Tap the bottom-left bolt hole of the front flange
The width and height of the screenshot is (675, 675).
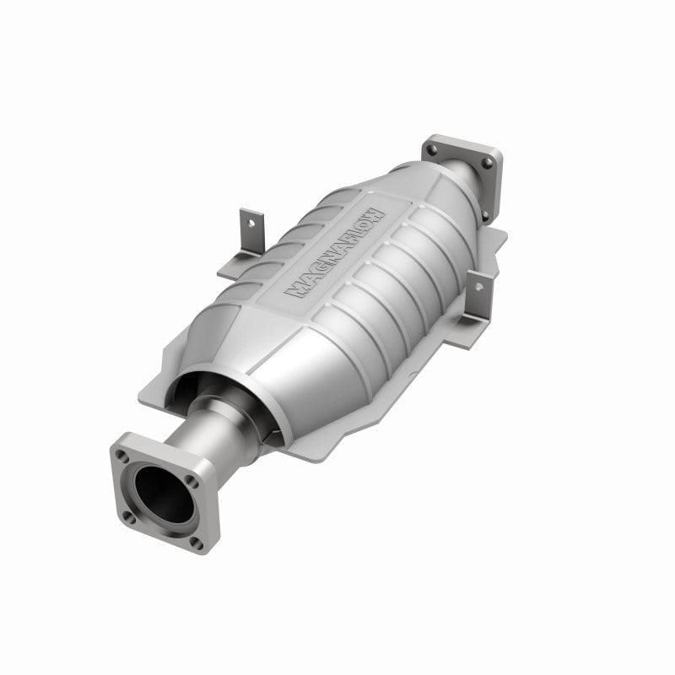point(129,515)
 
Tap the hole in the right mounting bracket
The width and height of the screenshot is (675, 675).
point(479,287)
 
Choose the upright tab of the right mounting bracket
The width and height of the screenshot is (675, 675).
point(478,295)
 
